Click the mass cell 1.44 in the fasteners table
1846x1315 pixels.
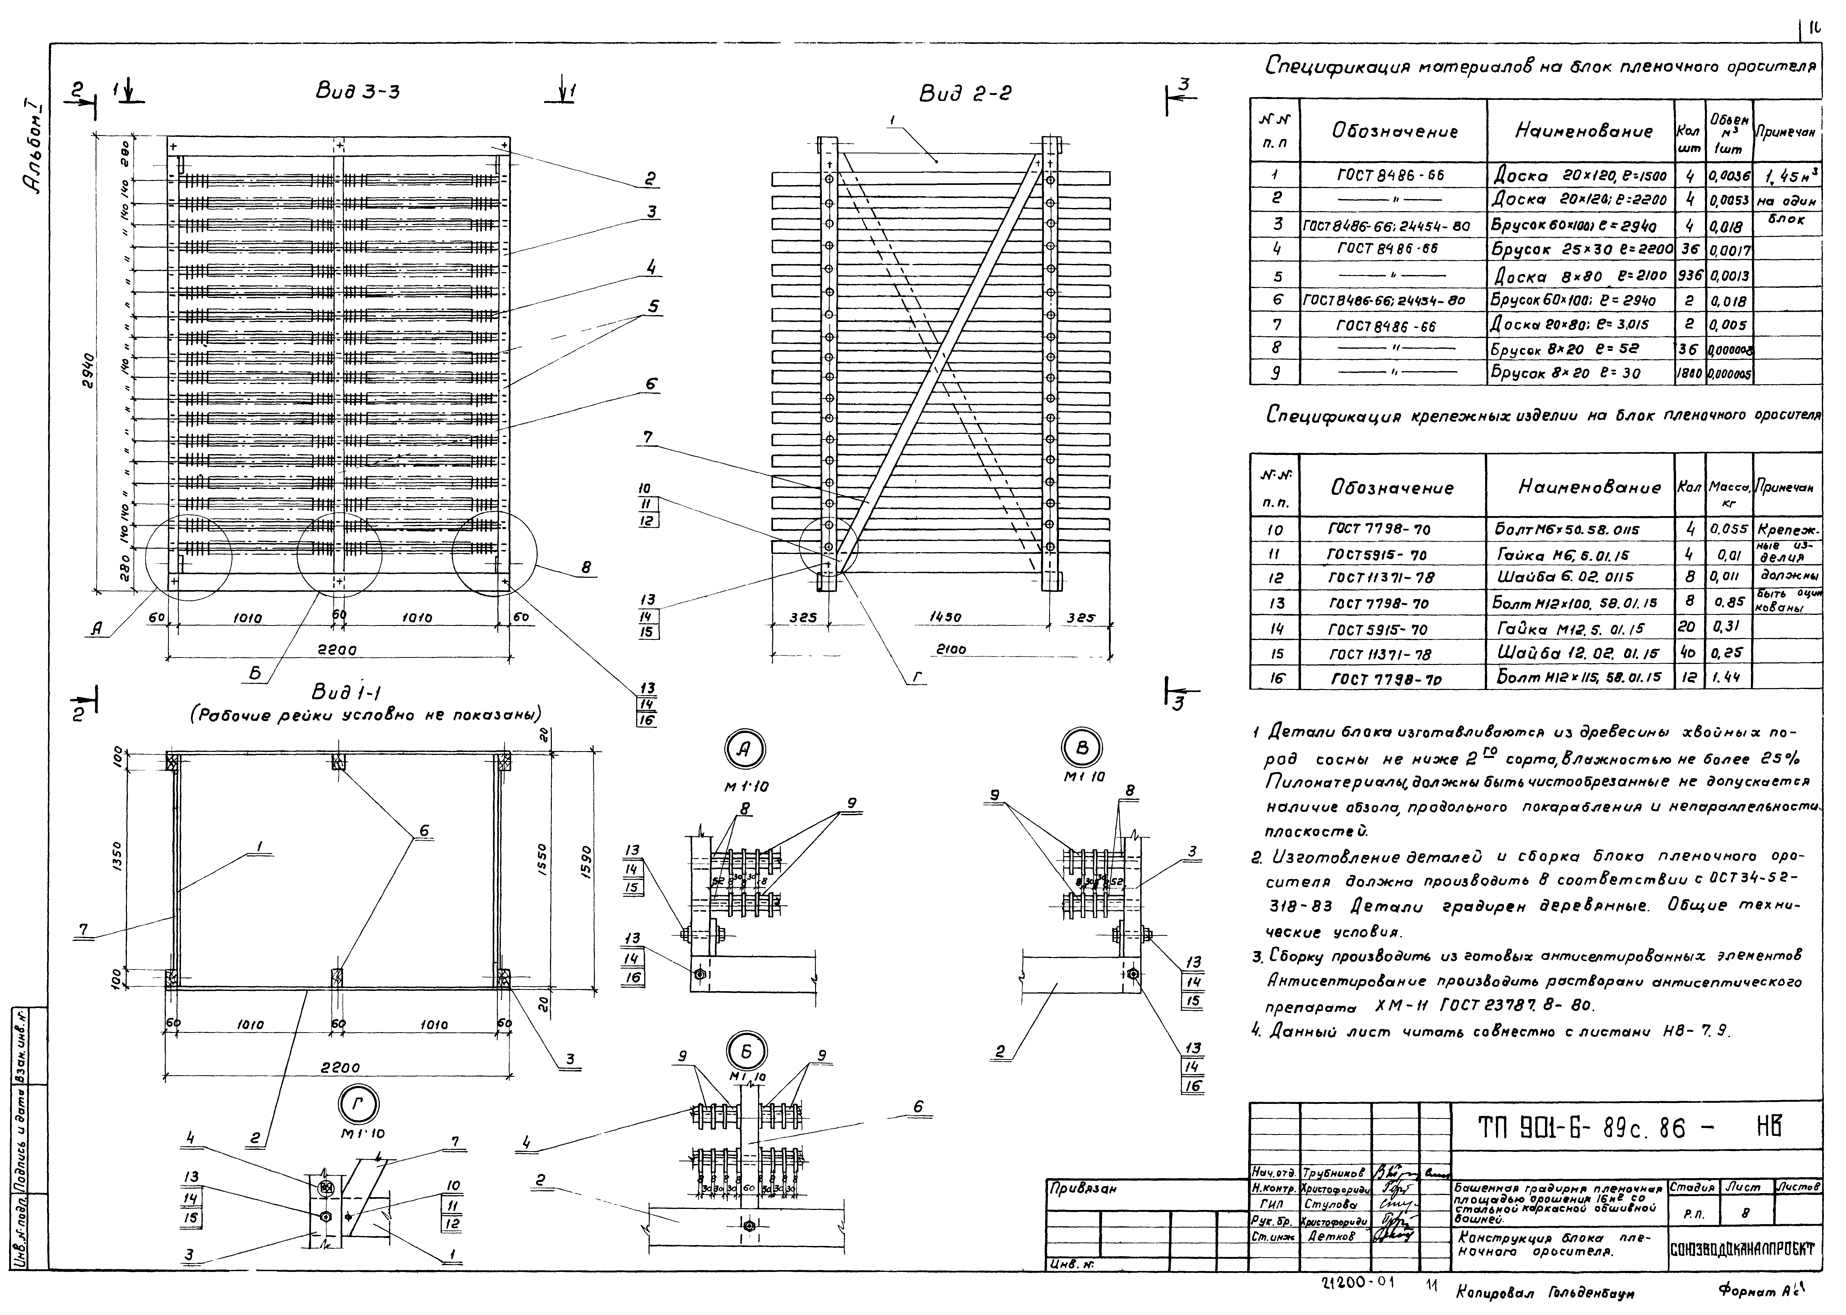click(1729, 676)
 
